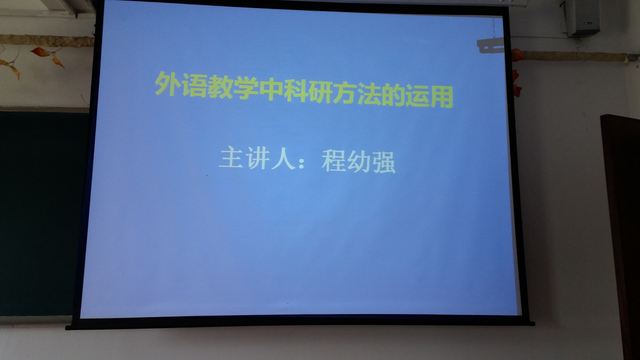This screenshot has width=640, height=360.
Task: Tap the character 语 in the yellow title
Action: tap(193, 85)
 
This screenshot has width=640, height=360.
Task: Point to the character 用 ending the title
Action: tap(442, 97)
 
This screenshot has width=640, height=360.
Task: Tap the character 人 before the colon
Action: tap(283, 159)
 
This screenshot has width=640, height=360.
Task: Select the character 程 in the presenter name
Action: tap(334, 161)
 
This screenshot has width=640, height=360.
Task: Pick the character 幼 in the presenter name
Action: tap(359, 162)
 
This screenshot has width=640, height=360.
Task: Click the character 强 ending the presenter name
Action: tap(384, 163)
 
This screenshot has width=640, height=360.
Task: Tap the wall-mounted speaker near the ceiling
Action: tap(582, 18)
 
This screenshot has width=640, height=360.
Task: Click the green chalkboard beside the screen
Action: tap(43, 213)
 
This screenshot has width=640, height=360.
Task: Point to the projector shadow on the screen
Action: tap(490, 44)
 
